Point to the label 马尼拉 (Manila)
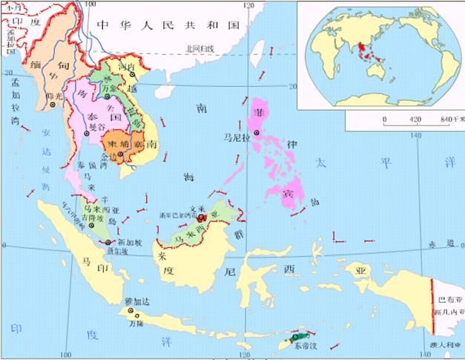click(x=235, y=137)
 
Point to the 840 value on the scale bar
click(x=447, y=119)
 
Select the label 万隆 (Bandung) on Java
click(x=134, y=324)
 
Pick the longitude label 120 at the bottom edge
click(x=245, y=355)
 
